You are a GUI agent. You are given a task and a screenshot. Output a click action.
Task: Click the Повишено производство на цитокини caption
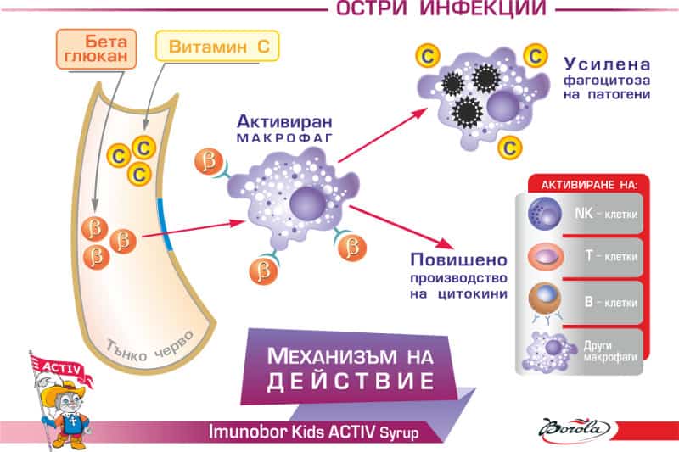click(459, 276)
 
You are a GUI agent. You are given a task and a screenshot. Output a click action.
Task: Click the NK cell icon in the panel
click(542, 212)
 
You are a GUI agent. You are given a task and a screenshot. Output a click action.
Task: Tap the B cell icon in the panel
click(542, 299)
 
